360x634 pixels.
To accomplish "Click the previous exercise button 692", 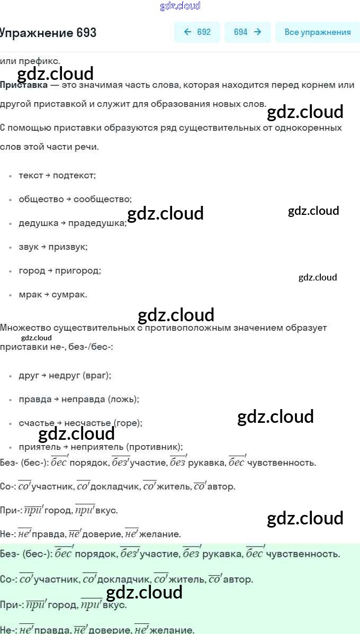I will (x=197, y=32).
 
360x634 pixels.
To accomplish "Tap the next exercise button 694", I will (x=247, y=32).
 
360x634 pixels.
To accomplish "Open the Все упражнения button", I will (x=317, y=32).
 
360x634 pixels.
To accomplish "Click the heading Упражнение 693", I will (x=48, y=33).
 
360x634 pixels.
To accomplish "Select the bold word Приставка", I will (x=23, y=85).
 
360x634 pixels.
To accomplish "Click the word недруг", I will (x=64, y=375).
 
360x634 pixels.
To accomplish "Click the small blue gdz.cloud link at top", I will (x=180, y=6).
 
